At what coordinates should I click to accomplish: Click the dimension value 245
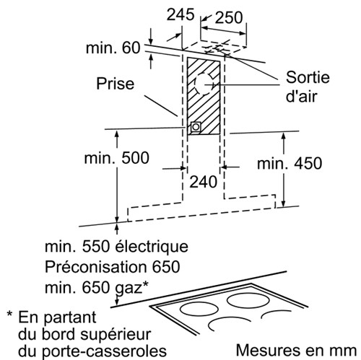pos(180,14)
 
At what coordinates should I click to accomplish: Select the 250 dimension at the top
pos(229,17)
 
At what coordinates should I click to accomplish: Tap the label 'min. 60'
pos(113,48)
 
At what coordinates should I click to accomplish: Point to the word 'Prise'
pos(116,84)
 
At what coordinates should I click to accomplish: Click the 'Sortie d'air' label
pos(308,87)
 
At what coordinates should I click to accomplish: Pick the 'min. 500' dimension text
pos(117,158)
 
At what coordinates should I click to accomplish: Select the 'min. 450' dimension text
pos(290,163)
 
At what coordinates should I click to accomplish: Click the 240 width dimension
pos(204,182)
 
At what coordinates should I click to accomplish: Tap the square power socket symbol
pos(196,127)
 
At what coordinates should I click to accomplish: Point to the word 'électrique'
pos(152,247)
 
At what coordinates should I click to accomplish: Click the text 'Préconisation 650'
pos(113,267)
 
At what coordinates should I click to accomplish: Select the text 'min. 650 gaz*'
pos(97,287)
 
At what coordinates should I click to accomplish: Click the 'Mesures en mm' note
pos(296,351)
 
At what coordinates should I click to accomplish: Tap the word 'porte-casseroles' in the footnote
pos(104,351)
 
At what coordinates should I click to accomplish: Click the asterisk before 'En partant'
pos(9,315)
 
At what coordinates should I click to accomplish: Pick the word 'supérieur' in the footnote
pos(116,335)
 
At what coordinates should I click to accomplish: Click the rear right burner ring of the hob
pos(248,301)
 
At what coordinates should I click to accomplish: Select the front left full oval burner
pos(199,309)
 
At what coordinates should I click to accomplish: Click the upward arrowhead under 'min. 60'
pos(151,58)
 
